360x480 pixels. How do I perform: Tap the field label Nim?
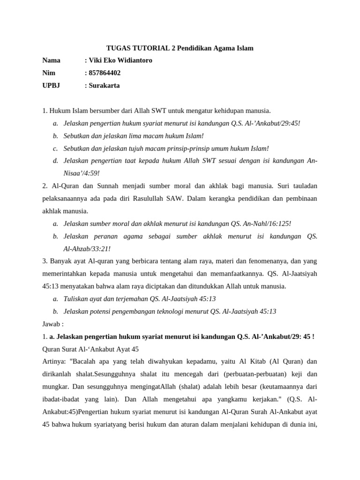[x=49, y=73]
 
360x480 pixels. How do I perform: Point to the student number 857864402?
[x=105, y=73]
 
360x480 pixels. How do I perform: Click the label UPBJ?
[x=51, y=86]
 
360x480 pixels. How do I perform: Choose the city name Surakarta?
[x=104, y=86]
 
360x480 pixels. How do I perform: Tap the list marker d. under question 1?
[x=55, y=161]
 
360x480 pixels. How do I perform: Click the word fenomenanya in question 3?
[x=261, y=262]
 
